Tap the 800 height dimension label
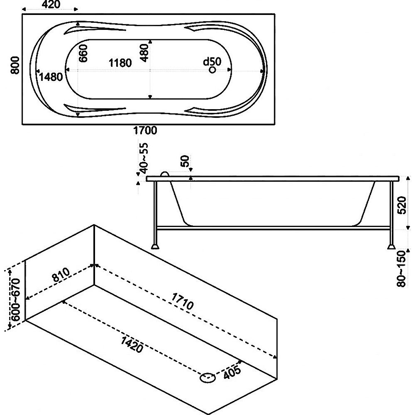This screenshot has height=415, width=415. click(15, 66)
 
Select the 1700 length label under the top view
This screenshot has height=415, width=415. click(145, 131)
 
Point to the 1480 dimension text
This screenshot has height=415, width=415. click(50, 76)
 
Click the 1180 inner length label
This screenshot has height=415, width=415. click(120, 63)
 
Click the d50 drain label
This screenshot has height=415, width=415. click(212, 61)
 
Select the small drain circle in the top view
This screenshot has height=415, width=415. click(212, 70)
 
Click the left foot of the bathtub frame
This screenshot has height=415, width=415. click(155, 246)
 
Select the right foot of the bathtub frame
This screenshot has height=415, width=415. click(391, 246)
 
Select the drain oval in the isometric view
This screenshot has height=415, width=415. click(208, 377)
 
